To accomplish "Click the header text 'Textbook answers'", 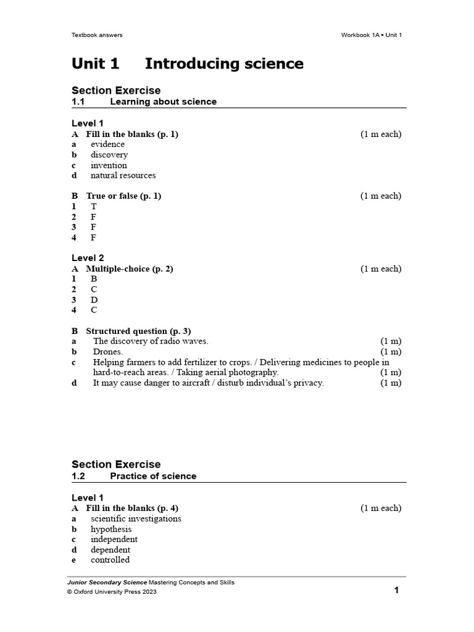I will tap(97, 35).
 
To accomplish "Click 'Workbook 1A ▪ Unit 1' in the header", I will tap(372, 35).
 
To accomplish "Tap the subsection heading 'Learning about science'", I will tap(163, 102).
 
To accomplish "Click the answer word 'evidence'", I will tap(107, 144).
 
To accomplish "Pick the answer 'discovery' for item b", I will tap(109, 155).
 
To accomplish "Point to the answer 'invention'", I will tap(109, 165).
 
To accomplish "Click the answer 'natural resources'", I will tap(123, 175).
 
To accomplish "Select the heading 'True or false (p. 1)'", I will tap(123, 196).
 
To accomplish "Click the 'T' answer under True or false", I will tap(94, 207).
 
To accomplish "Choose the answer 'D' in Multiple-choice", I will tap(94, 300).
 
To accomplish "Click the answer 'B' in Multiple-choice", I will tap(94, 279).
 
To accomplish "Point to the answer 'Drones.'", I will tap(108, 352).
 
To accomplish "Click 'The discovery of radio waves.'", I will tap(151, 341).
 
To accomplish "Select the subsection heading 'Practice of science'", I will tap(153, 476).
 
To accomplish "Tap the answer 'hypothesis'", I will tap(111, 530).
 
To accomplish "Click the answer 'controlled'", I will tap(110, 560).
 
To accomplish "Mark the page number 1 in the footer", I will tap(397, 591).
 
